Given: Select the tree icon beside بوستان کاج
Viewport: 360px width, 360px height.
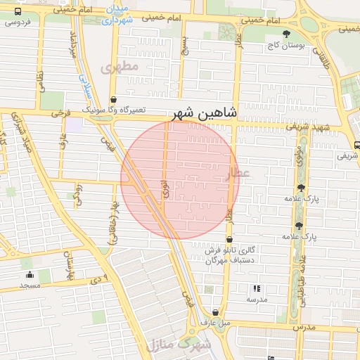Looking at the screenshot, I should [285, 34].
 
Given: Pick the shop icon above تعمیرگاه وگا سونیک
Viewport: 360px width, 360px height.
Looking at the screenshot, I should [114, 100].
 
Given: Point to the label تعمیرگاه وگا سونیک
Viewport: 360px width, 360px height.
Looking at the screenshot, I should [114, 110].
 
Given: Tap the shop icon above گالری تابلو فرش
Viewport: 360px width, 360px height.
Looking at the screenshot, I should [229, 240].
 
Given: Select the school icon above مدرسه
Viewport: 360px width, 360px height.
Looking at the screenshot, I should [257, 288].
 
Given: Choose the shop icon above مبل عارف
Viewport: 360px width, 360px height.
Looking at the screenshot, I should [215, 313].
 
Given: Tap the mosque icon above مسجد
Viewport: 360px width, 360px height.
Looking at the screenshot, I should [30, 274].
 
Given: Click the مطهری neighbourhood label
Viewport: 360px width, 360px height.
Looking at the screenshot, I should [117, 68].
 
